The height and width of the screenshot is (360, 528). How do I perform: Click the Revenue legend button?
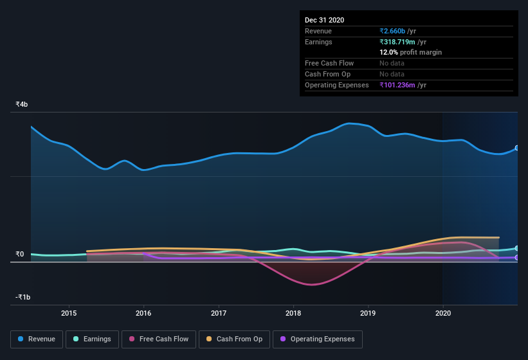[x=37, y=339]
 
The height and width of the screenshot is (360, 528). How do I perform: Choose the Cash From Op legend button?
[x=234, y=339]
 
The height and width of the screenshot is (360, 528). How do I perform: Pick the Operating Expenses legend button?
[x=318, y=339]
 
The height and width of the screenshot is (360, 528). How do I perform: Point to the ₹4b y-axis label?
[x=22, y=104]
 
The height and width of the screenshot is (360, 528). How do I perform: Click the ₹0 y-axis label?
[x=20, y=254]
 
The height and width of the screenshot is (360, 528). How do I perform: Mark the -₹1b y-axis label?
[x=23, y=297]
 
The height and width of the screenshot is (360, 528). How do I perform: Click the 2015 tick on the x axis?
[x=69, y=313]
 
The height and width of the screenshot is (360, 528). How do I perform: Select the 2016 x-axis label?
[x=143, y=313]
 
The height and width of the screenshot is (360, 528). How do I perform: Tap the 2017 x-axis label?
[x=219, y=313]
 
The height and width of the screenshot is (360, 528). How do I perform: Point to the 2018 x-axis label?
[x=293, y=313]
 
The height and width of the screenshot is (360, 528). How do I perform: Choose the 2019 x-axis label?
[x=368, y=313]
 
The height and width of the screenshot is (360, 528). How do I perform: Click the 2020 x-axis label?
[x=443, y=313]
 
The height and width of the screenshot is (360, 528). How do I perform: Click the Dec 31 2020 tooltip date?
[x=324, y=20]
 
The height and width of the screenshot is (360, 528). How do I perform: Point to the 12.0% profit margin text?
[x=410, y=52]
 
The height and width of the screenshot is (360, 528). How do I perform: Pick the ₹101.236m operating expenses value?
[x=403, y=85]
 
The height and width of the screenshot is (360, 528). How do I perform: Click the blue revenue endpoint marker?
[x=517, y=148]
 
